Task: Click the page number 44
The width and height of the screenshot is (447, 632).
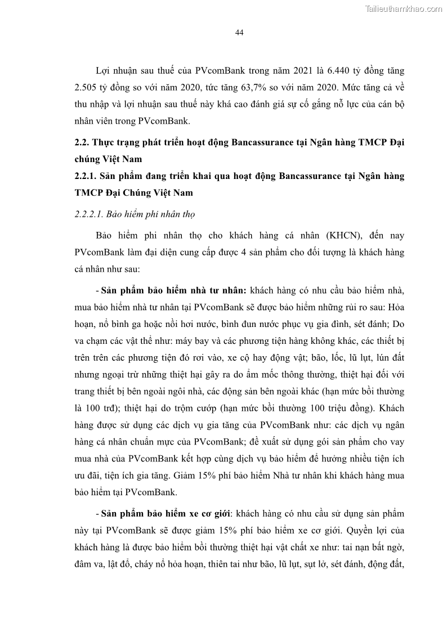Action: click(239, 33)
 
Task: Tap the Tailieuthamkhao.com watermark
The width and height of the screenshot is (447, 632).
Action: click(404, 8)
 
